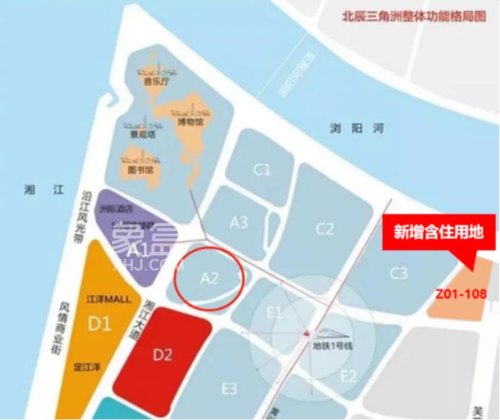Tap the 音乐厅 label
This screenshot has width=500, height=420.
click(156, 82)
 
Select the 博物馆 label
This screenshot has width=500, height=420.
click(190, 122)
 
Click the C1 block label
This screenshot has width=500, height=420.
click(262, 170)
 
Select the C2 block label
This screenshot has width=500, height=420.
click(324, 229)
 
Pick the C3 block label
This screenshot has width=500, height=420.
click(398, 273)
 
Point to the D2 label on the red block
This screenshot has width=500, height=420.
click(163, 354)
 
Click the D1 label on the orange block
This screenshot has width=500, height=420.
click(99, 323)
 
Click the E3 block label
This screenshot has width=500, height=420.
click(229, 389)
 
